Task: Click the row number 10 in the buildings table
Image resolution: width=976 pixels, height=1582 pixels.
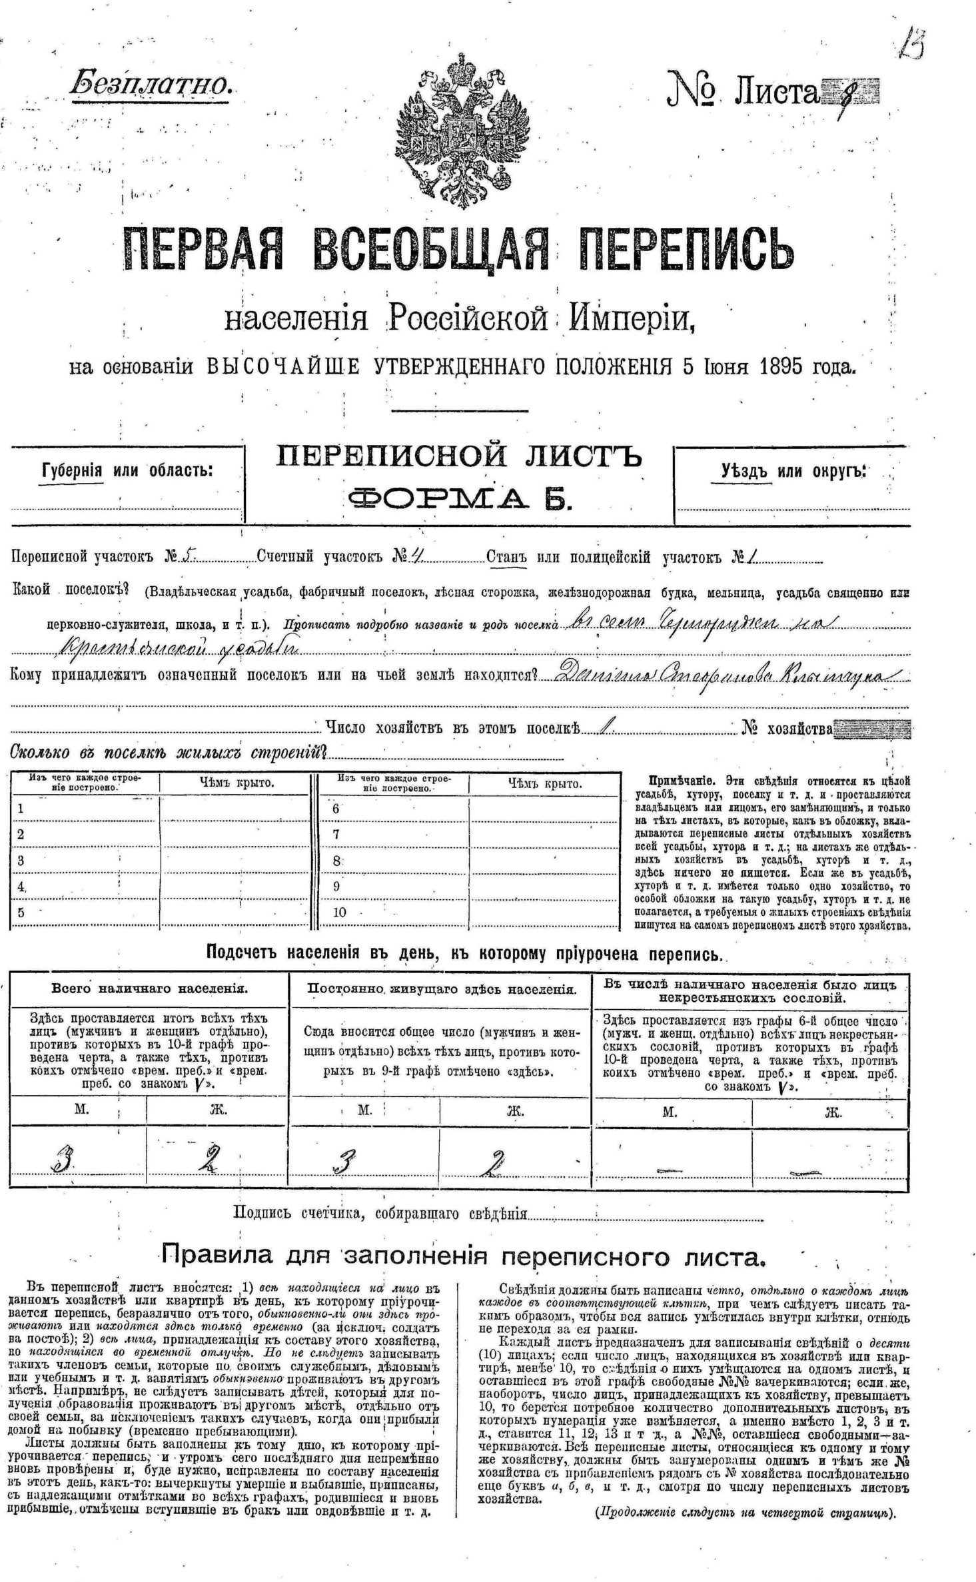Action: tap(339, 912)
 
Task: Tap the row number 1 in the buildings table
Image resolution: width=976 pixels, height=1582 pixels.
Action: tap(21, 809)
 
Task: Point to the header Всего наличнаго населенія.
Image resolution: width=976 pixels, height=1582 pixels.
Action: tap(150, 989)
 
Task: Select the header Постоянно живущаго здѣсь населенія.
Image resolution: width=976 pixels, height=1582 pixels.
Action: tap(441, 989)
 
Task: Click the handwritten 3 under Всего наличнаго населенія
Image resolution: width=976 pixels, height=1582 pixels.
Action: tap(65, 1162)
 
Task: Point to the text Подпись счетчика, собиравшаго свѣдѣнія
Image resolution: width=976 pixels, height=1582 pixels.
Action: tap(380, 1213)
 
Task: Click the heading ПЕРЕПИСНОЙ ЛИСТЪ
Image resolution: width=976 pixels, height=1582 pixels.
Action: tap(459, 457)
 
